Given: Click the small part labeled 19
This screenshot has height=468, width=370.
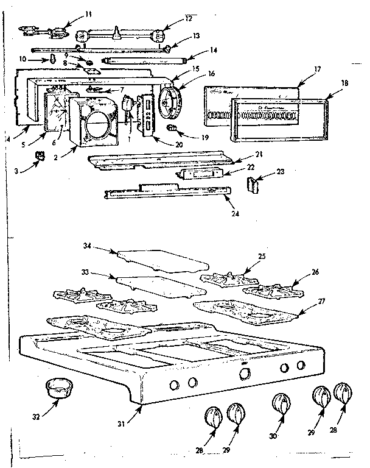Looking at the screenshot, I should (173, 128).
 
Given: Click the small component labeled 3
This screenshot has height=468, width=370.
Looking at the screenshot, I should (41, 155).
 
